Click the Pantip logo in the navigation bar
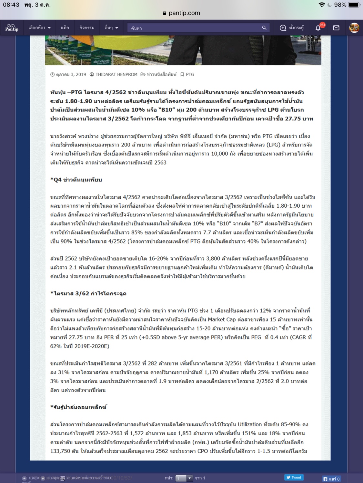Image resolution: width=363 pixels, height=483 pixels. (x=12, y=28)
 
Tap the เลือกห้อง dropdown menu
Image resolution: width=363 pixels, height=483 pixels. (x=39, y=28)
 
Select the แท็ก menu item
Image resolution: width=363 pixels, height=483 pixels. (x=65, y=28)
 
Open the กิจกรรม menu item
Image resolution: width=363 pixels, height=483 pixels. (x=87, y=28)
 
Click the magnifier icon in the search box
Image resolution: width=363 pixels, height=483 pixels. (x=264, y=28)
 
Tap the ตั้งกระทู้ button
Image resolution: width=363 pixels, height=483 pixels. (x=292, y=28)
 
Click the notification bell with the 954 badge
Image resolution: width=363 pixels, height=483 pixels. (x=318, y=28)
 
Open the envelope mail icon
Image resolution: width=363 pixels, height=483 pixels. (x=336, y=28)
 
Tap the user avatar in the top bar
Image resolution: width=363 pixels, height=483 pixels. (x=354, y=28)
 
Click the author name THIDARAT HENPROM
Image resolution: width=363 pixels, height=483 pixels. (x=116, y=74)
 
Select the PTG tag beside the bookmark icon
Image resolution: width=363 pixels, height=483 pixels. (x=190, y=74)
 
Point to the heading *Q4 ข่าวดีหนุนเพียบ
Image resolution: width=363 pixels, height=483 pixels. (x=76, y=180)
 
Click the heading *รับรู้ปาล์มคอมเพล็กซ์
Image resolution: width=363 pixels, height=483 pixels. (x=78, y=407)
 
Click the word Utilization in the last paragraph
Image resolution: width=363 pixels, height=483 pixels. (x=247, y=424)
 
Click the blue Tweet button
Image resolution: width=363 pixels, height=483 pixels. (x=294, y=478)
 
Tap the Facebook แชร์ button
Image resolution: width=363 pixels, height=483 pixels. (x=331, y=479)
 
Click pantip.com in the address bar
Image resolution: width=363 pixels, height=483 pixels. (x=184, y=13)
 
